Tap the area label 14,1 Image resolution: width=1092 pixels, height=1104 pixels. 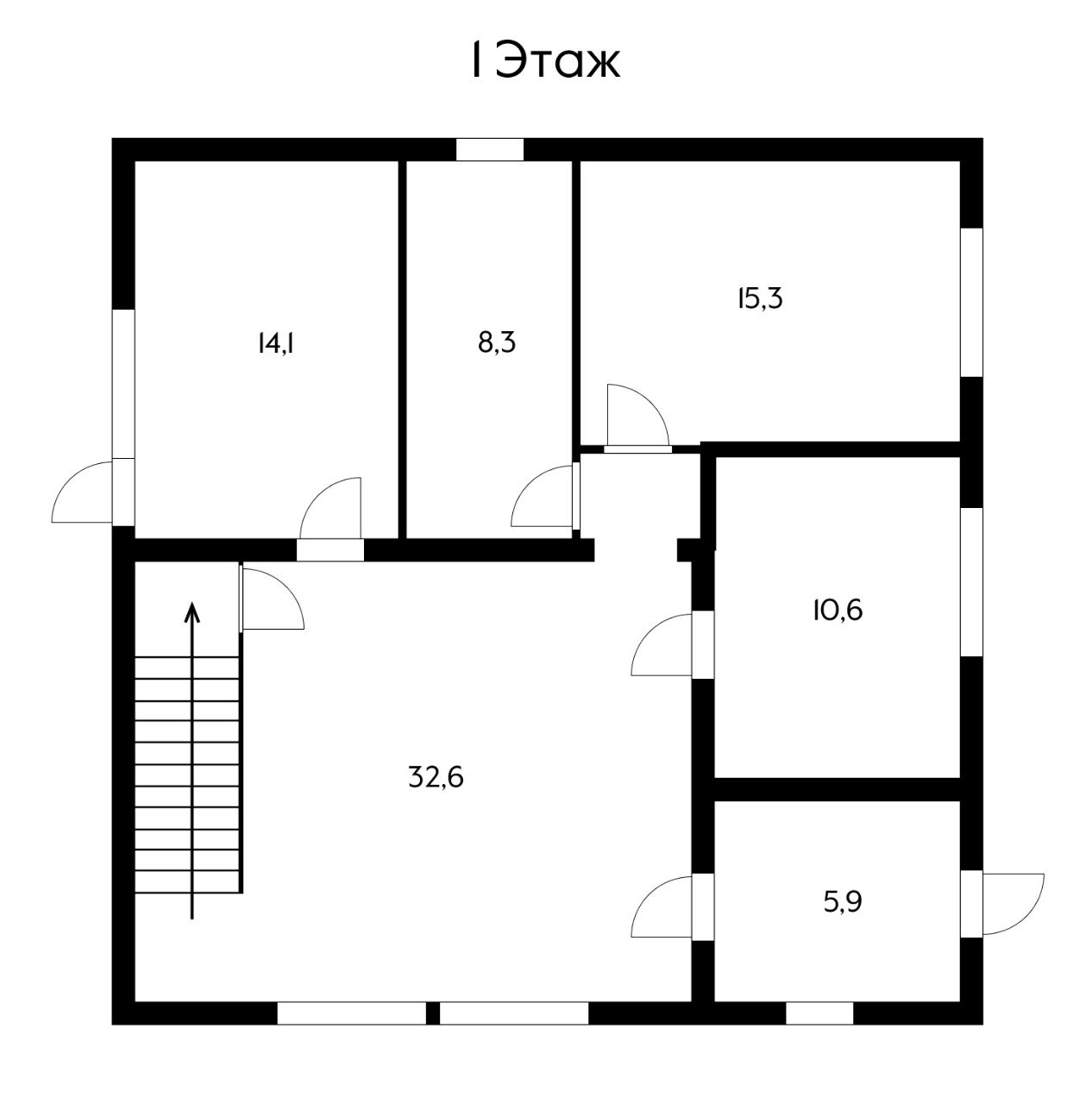tap(276, 344)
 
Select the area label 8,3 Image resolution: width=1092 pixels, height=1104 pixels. tap(497, 343)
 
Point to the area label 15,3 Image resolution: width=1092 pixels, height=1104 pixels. tap(759, 298)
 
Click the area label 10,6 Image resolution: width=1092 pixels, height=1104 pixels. tap(837, 611)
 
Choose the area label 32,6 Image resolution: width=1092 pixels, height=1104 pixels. tap(436, 777)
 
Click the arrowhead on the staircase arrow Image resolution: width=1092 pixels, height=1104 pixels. tap(192, 612)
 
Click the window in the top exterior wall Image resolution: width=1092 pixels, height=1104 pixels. tap(490, 149)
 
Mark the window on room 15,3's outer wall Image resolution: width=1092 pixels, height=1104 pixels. tap(971, 303)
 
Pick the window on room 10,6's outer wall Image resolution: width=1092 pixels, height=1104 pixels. tap(971, 581)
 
